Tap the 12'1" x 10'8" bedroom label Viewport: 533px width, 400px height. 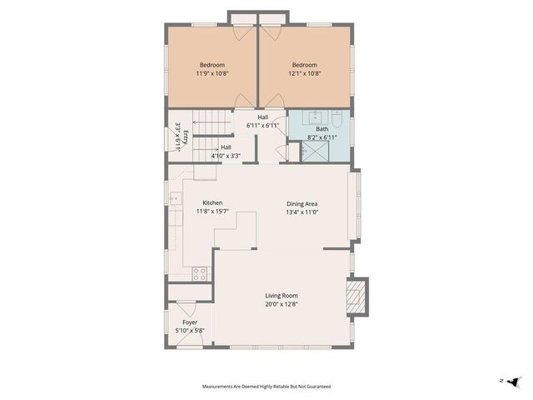click(304, 69)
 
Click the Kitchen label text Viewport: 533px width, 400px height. click(212, 207)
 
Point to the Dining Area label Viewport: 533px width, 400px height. click(302, 207)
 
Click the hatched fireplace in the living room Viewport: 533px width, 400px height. click(356, 296)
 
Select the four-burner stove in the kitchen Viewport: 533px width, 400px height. click(200, 272)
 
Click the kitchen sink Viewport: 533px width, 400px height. click(177, 198)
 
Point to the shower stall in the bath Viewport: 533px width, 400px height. click(315, 151)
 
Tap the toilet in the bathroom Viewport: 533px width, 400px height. click(337, 118)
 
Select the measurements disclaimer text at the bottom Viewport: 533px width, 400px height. click(266, 387)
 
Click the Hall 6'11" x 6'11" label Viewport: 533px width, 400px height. click(262, 121)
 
